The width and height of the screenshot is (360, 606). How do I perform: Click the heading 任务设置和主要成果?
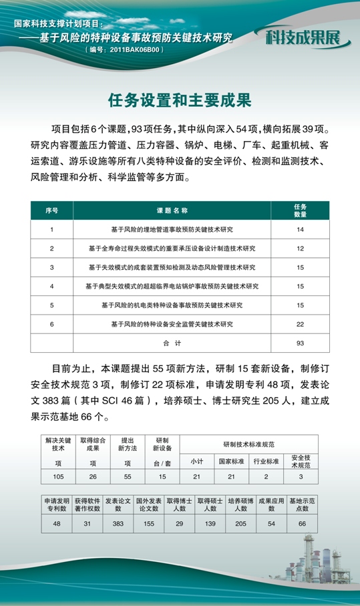click(180, 101)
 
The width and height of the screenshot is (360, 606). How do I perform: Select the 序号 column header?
click(51, 210)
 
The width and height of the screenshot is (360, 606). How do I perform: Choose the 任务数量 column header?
click(300, 210)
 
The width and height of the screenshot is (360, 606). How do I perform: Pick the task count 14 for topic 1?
click(300, 229)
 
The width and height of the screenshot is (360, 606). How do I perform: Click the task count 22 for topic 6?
click(300, 323)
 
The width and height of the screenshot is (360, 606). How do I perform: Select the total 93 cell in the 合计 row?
click(300, 343)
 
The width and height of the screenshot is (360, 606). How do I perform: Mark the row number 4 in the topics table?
click(51, 286)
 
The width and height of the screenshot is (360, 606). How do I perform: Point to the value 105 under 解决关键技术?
click(57, 476)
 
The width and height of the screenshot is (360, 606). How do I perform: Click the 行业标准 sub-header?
click(266, 461)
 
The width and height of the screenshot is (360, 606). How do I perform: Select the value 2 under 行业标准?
click(266, 476)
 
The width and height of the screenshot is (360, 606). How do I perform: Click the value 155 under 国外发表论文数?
click(148, 524)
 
